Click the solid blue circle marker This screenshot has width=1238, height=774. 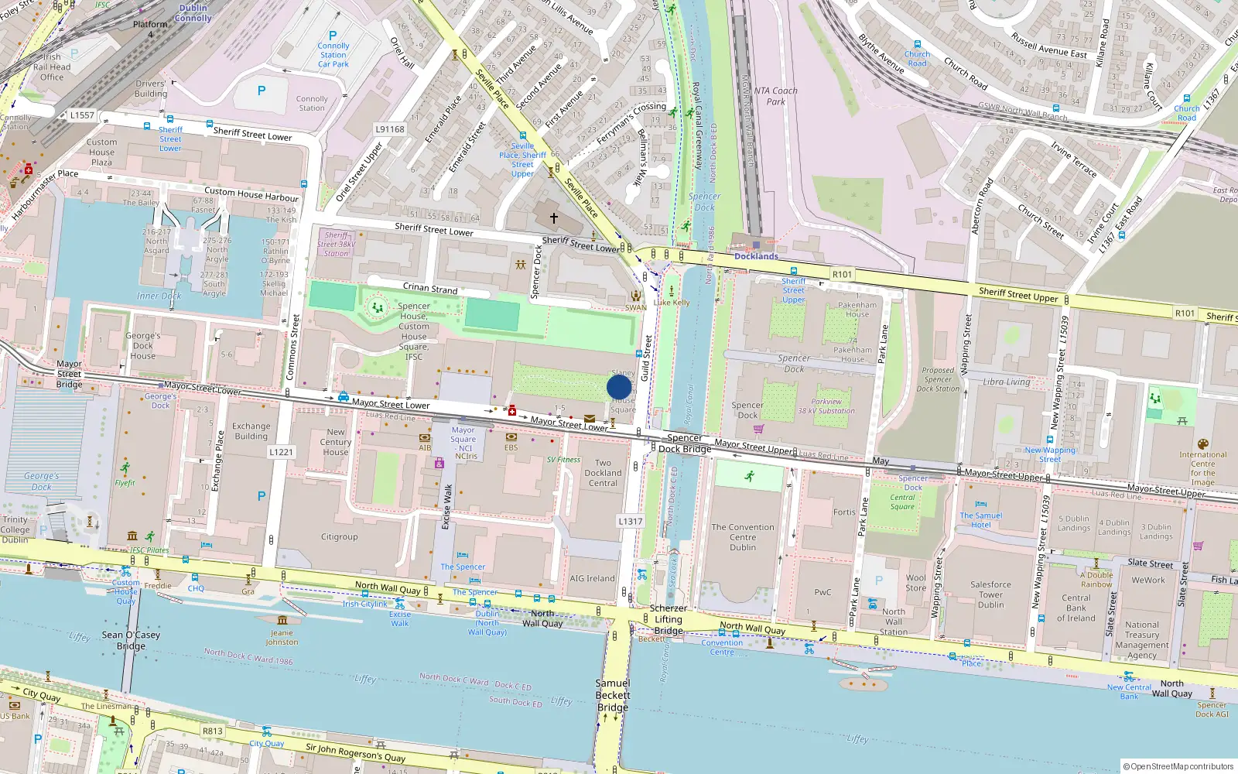(619, 386)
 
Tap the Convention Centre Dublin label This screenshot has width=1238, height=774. (743, 537)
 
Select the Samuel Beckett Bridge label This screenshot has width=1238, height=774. (613, 695)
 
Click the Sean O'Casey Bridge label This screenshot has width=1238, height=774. (131, 640)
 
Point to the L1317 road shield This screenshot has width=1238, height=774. (631, 521)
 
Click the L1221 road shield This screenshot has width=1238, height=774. (282, 451)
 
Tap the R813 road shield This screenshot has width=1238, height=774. (213, 731)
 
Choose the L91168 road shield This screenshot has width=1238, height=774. (390, 129)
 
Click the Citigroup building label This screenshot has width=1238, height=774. (340, 536)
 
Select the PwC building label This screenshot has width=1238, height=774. (822, 592)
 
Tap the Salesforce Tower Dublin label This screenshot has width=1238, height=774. (990, 594)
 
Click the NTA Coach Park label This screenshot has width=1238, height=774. (776, 96)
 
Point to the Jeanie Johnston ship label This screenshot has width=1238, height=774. (282, 637)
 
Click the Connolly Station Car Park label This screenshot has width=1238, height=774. (333, 54)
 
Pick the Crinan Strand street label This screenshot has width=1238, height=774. (430, 288)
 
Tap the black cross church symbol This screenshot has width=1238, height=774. (553, 219)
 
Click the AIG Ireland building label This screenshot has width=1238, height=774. (592, 578)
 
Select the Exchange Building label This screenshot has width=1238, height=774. (251, 431)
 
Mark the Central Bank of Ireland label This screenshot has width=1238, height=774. (1076, 608)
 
